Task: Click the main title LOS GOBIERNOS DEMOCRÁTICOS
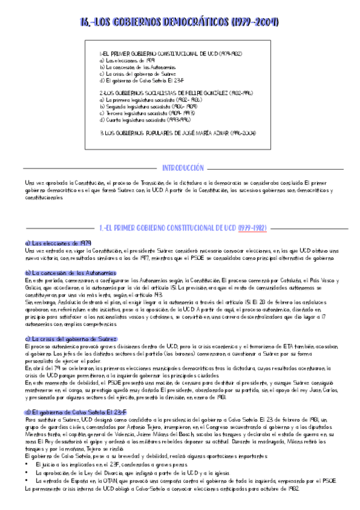[179, 22]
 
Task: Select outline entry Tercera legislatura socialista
[143, 112]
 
